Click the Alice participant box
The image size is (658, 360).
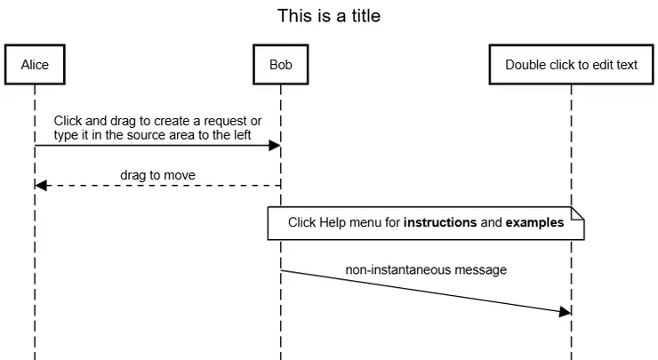click(35, 65)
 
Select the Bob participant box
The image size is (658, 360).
click(280, 65)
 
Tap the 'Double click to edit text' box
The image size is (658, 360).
click(571, 65)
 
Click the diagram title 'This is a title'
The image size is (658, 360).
click(330, 16)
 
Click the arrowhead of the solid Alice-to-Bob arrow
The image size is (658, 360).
click(275, 146)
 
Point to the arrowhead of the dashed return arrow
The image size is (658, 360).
click(41, 185)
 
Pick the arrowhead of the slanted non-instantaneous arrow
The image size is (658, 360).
click(564, 312)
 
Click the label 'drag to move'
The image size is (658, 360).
click(157, 175)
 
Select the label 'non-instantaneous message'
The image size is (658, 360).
click(427, 269)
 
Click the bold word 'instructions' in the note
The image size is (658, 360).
click(440, 223)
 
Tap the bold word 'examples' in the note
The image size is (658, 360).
click(534, 223)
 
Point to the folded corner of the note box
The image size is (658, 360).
click(578, 213)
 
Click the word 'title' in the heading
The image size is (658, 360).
click(366, 16)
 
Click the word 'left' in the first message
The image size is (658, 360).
click(242, 134)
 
